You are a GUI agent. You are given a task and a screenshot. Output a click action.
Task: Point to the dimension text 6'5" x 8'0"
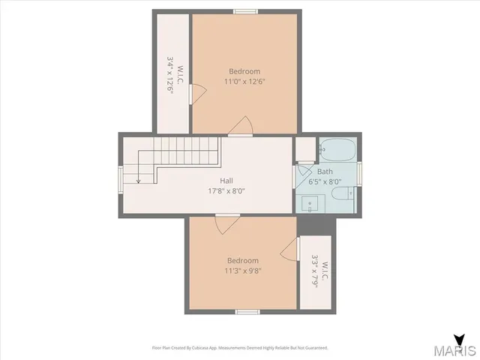(325, 181)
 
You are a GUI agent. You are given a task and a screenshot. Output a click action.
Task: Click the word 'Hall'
(226, 181)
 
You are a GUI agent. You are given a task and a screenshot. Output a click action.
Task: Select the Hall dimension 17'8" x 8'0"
(226, 190)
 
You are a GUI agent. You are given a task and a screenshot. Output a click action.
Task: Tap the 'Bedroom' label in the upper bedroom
(244, 71)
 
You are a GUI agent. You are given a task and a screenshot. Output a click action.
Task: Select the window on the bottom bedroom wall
(247, 311)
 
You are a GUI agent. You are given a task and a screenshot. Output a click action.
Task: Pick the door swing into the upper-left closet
(196, 93)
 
